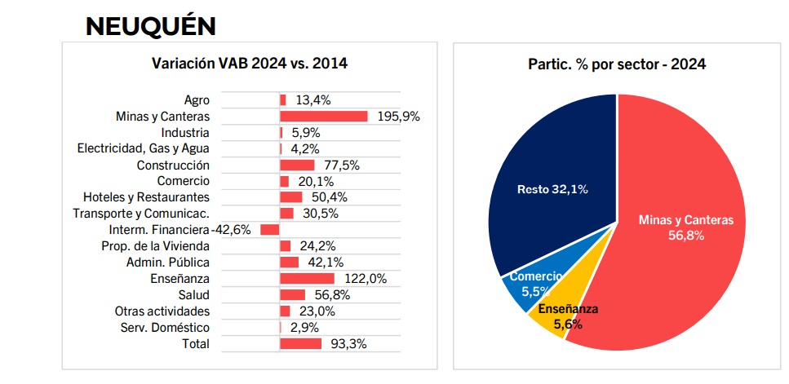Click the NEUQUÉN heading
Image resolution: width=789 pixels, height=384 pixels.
(151, 25)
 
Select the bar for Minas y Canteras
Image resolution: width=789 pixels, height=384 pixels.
(324, 117)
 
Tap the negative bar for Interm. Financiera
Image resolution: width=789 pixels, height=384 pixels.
(269, 230)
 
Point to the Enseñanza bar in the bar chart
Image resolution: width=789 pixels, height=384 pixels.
(307, 279)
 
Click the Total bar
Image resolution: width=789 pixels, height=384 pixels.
(300, 344)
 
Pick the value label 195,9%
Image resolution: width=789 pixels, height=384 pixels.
(398, 117)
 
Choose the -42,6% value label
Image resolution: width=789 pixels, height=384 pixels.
(232, 230)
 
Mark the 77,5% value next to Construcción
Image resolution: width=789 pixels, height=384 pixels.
(341, 165)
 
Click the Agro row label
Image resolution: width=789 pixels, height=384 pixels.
(197, 100)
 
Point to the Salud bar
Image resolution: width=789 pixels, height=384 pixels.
(292, 295)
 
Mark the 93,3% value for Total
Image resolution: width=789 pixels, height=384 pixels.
(349, 344)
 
